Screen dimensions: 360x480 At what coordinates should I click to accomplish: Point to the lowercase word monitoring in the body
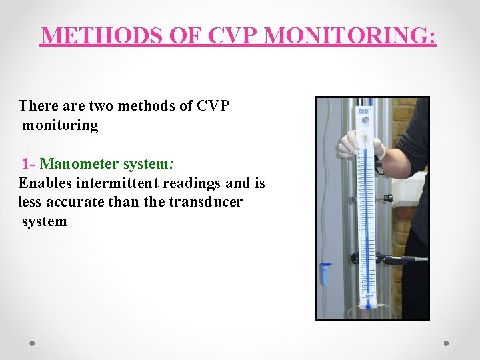60,125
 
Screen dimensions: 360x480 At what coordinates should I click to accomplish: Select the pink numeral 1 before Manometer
25,163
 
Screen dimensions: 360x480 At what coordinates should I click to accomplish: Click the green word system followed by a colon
151,163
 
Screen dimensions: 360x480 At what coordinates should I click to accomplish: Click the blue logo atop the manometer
365,111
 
